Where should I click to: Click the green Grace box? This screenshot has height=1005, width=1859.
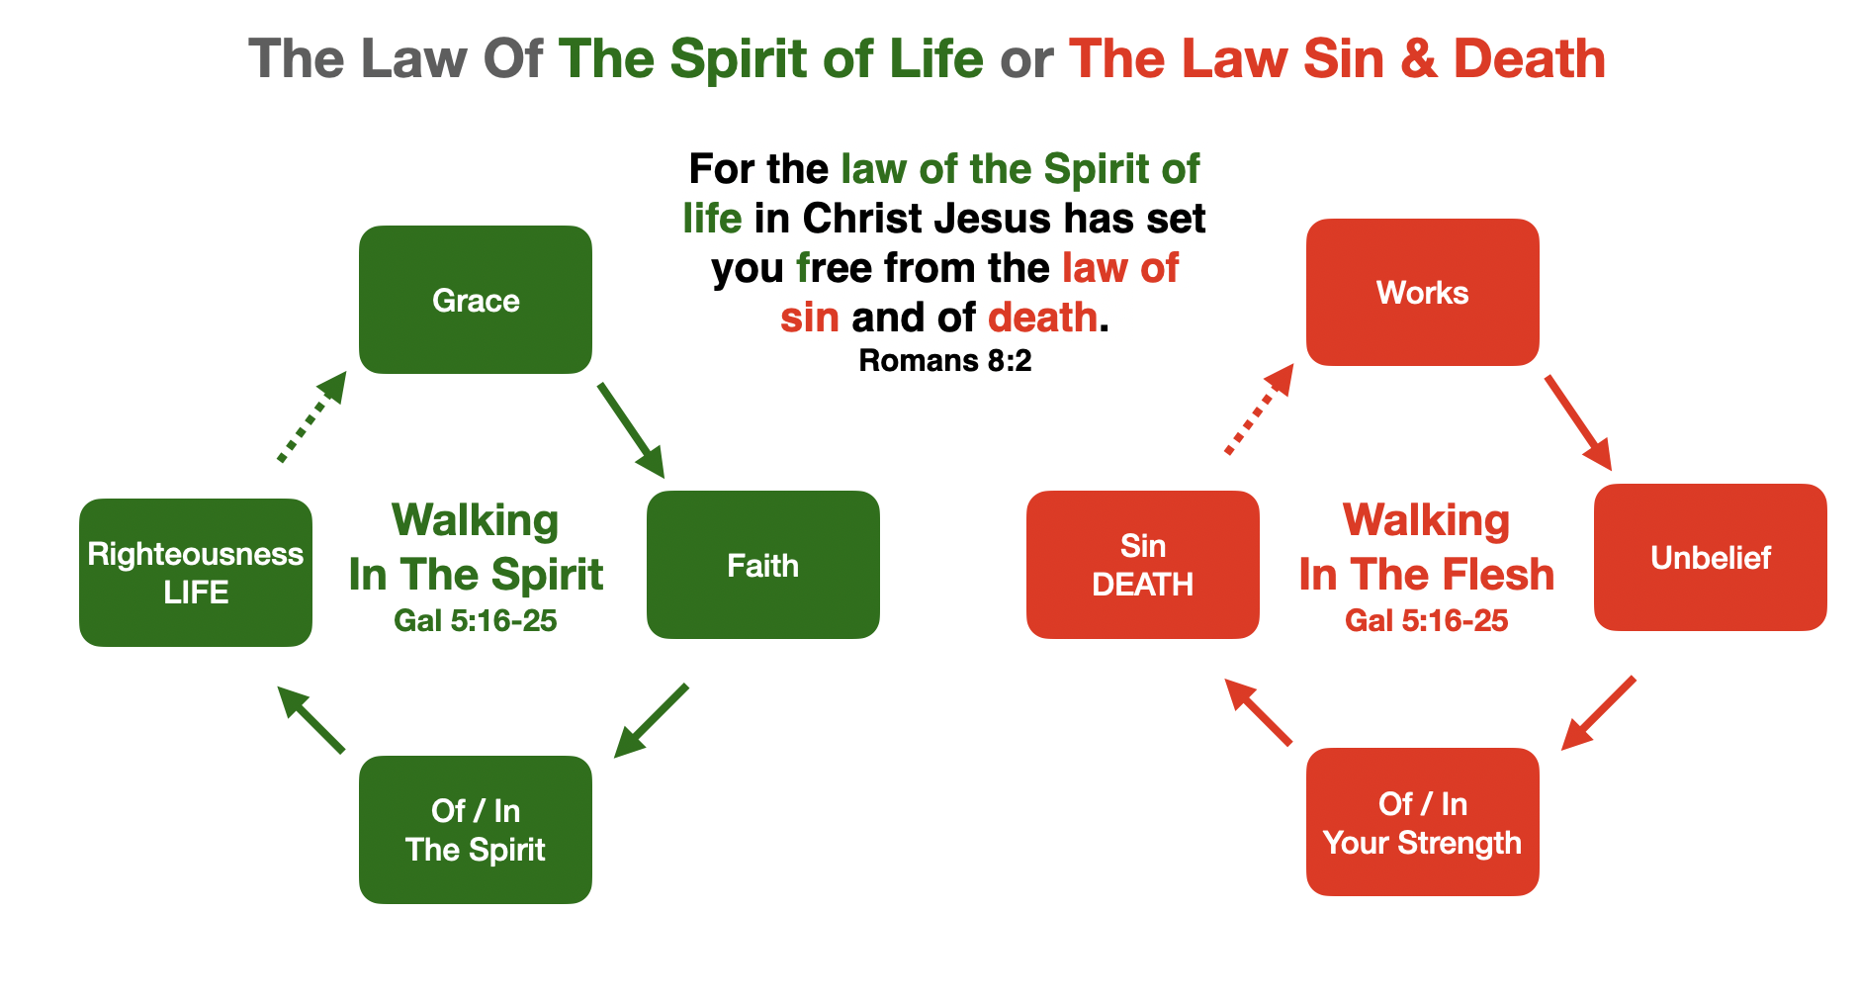[x=475, y=300]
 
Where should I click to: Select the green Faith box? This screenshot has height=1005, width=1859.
[x=762, y=565]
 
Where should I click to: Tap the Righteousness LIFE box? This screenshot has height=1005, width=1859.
[x=196, y=573]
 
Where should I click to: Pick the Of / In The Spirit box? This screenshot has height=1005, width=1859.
[x=475, y=830]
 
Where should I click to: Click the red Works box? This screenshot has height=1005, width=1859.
[x=1422, y=293]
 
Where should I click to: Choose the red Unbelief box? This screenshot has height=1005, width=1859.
[x=1710, y=557]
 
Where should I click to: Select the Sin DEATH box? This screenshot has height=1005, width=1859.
[x=1142, y=565]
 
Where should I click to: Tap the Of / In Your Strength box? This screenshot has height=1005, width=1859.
[x=1422, y=822]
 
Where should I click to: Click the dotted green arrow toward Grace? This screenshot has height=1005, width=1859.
[x=311, y=417]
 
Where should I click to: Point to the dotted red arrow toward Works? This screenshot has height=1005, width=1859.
[x=1259, y=410]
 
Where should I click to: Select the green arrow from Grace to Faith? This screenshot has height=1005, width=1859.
[x=631, y=430]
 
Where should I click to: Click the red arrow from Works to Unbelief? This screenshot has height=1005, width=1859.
[x=1578, y=422]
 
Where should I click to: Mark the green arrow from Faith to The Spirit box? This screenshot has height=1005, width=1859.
[x=651, y=721]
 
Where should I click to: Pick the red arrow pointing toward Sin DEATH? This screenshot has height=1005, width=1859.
[x=1258, y=712]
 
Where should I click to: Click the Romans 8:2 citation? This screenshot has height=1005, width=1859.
[x=944, y=361]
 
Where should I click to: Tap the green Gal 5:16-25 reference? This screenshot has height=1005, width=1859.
[x=475, y=621]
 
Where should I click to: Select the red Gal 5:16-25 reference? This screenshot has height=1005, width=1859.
[x=1426, y=621]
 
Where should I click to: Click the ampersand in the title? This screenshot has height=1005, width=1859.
[x=1418, y=59]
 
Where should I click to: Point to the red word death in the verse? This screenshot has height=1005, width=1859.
[x=1042, y=318]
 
